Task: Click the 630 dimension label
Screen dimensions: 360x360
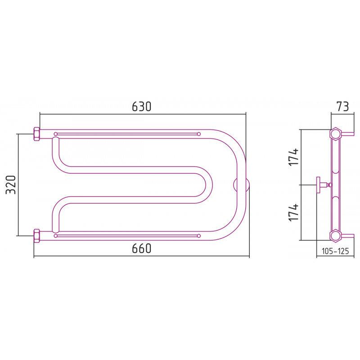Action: point(142,106)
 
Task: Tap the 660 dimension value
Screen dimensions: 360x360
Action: point(142,248)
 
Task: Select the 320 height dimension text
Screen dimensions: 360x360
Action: point(11,185)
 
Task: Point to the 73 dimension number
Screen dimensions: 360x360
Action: point(343,106)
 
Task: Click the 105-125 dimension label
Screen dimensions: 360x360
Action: point(335,251)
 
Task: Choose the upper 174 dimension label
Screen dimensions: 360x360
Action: point(294,157)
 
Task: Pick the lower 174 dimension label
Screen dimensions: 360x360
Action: point(294,212)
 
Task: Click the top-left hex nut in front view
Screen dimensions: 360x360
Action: point(37,134)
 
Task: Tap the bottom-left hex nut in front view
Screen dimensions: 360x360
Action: point(37,236)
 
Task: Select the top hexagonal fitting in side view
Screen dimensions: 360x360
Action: point(336,133)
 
